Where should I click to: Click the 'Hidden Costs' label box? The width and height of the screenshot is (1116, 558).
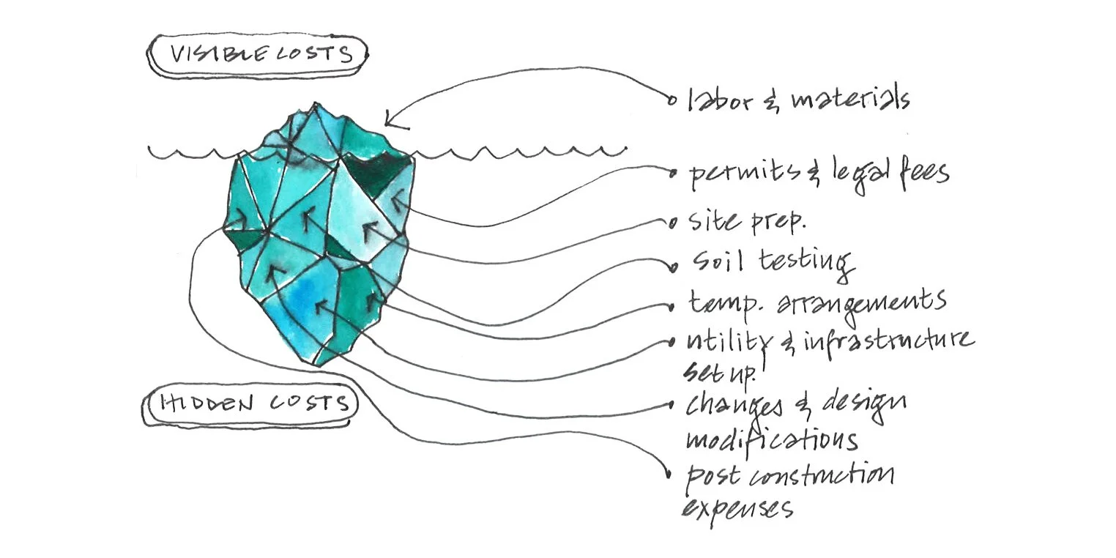[x=249, y=404]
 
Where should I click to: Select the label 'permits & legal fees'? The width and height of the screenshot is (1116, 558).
[x=819, y=174]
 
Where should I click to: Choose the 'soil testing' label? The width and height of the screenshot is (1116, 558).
[x=773, y=262]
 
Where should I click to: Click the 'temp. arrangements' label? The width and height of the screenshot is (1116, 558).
[x=816, y=301]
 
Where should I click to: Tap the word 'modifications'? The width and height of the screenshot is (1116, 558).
[x=771, y=440]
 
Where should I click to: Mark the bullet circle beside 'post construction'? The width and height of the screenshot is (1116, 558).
[x=668, y=475]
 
